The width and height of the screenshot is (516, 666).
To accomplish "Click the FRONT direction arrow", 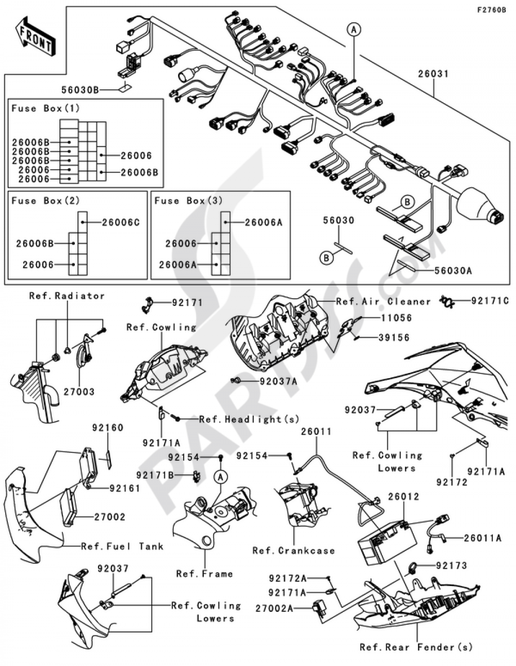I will [x=35, y=37].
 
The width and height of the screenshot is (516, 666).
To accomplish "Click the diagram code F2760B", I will [x=491, y=10].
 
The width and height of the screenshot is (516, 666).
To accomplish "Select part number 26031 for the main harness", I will [x=433, y=74].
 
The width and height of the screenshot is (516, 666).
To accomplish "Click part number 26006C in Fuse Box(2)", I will [x=121, y=222].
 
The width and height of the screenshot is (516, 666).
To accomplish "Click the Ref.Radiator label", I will [x=67, y=296].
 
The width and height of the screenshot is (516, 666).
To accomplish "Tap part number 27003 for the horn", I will [x=79, y=392].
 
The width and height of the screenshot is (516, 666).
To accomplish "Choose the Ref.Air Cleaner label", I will [x=383, y=302].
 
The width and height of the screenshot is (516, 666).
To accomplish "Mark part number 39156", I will [x=394, y=337].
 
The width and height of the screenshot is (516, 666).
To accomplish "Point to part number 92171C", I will [x=490, y=300].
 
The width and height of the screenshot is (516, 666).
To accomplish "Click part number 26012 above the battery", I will [x=404, y=497].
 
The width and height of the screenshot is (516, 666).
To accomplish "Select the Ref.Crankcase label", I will [x=294, y=550].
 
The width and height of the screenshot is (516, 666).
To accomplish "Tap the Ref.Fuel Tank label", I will [x=122, y=546].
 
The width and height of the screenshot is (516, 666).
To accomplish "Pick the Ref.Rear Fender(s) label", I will [x=416, y=647].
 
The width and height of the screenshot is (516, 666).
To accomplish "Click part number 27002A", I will [x=274, y=609].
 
